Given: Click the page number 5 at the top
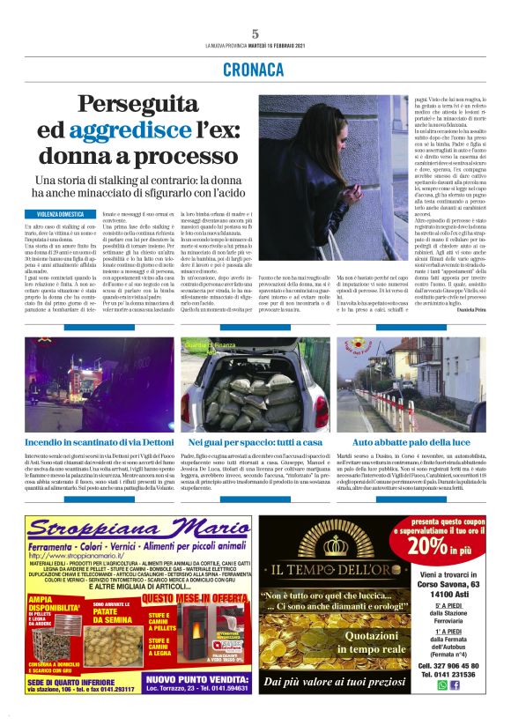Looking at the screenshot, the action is click(255, 33).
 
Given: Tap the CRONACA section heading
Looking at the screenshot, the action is click(255, 69).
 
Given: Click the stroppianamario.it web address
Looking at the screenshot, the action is click(89, 556).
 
